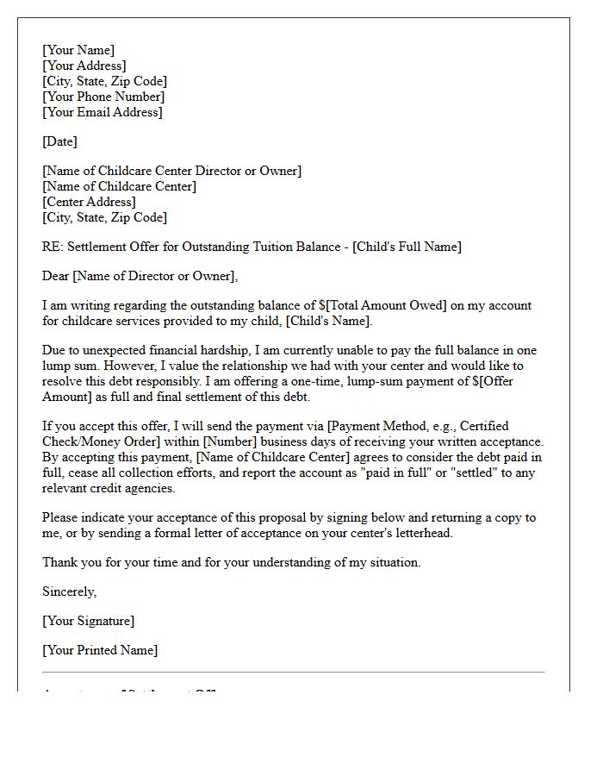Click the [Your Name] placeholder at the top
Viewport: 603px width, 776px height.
coord(78,50)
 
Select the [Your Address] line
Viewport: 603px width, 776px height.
coord(84,66)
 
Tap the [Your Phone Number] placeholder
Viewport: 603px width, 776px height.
coord(103,97)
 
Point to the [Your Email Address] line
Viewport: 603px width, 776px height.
coord(103,112)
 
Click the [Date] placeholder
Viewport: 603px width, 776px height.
coord(59,141)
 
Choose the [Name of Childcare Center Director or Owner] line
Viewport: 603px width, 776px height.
coord(172,171)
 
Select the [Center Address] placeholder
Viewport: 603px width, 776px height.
coord(89,202)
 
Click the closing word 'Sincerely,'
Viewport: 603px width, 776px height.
coord(70,591)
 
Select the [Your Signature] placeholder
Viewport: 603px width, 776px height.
coord(89,621)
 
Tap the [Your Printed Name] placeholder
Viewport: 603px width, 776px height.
coord(100,650)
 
